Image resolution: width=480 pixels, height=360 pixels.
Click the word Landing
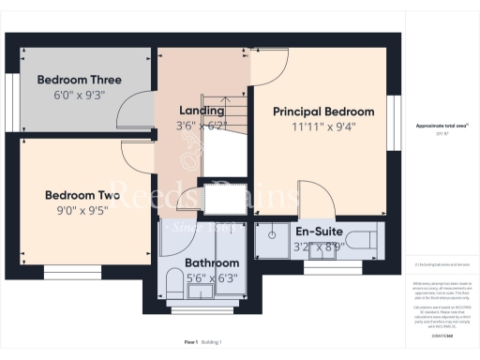pyautogui.click(x=201, y=110)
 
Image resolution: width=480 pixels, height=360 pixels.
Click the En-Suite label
pyautogui.click(x=320, y=232)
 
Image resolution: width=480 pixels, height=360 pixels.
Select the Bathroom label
pyautogui.click(x=212, y=263)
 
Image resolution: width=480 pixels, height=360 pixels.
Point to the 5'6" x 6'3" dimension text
pyautogui.click(x=212, y=278)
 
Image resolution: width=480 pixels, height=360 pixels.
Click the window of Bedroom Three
pyautogui.click(x=12, y=98)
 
